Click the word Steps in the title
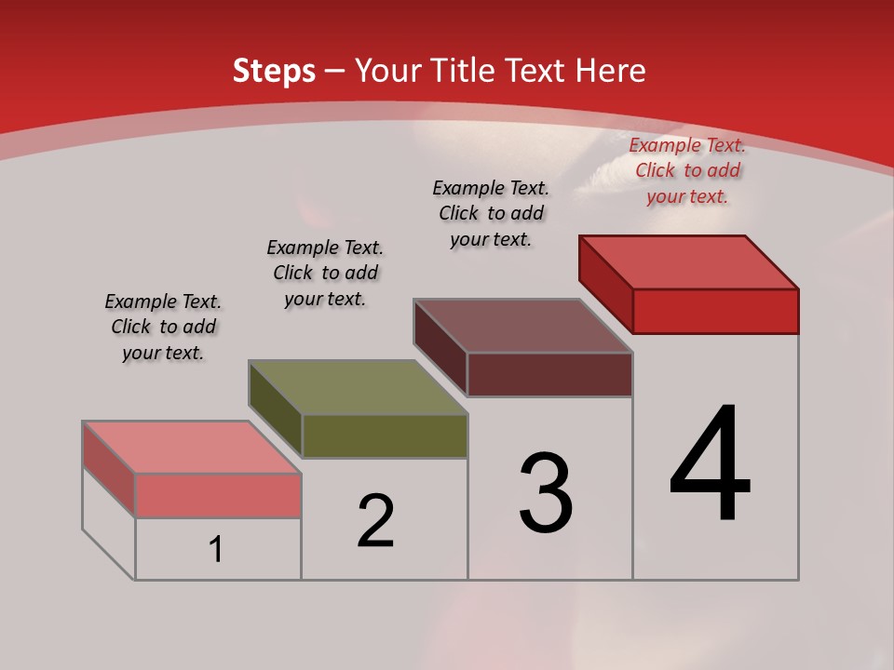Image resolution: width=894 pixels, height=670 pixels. (274, 71)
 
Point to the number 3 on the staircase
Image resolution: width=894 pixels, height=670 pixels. (545, 492)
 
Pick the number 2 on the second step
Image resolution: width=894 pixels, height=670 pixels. (376, 521)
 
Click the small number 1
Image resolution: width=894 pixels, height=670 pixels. (216, 550)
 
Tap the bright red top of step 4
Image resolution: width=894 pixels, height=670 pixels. (689, 262)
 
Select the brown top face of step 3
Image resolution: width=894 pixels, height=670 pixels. (523, 326)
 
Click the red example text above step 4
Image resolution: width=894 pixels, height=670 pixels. (687, 170)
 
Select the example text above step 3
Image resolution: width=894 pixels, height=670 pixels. (491, 213)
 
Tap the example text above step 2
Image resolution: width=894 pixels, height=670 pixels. (325, 273)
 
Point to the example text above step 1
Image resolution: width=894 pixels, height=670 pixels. (163, 327)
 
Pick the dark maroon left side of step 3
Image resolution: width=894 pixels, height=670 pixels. (440, 346)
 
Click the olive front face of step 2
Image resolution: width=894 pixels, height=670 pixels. (385, 436)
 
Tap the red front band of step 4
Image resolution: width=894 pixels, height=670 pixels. (715, 311)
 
